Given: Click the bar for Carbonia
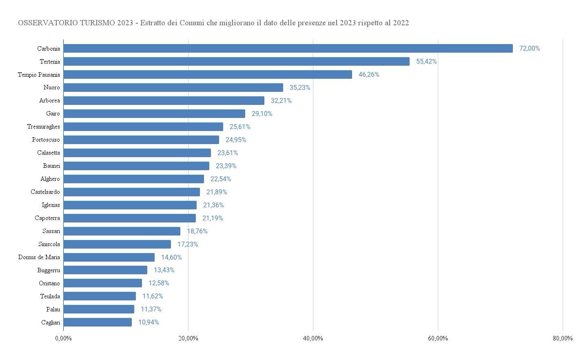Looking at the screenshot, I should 288,49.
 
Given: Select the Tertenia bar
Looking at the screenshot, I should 236,62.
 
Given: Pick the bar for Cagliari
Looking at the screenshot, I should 98,322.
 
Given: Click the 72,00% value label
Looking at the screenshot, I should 529,49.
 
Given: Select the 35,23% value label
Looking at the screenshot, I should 300,88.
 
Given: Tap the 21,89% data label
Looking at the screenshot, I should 217,192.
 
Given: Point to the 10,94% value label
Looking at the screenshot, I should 149,322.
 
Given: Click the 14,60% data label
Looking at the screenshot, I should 171,257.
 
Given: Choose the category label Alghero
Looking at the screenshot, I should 50,179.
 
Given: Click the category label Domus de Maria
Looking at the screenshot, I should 39,257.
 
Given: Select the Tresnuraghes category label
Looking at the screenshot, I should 44,127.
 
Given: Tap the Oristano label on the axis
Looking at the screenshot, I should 49,283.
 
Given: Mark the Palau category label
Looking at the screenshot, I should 53,309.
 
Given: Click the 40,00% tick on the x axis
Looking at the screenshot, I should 313,338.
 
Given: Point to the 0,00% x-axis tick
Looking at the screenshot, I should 63,338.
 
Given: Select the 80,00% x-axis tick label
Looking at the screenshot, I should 563,338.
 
